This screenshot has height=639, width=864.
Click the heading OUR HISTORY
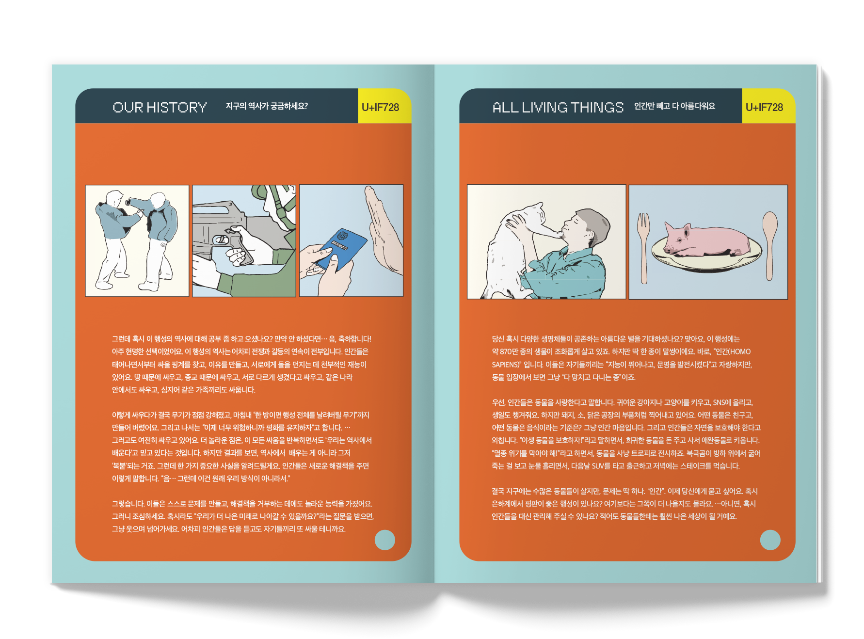pyautogui.click(x=160, y=107)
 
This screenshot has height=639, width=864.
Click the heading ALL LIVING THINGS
pyautogui.click(x=558, y=107)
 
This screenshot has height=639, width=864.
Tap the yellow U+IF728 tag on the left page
pyautogui.click(x=381, y=107)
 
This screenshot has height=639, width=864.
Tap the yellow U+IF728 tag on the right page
pyautogui.click(x=765, y=107)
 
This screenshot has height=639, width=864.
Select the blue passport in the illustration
pyautogui.click(x=341, y=249)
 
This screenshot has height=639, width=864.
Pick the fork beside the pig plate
pyautogui.click(x=643, y=247)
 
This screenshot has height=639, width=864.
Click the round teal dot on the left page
pyautogui.click(x=385, y=540)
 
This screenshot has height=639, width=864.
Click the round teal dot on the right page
pyautogui.click(x=770, y=540)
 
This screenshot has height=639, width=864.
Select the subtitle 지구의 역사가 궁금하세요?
pyautogui.click(x=267, y=106)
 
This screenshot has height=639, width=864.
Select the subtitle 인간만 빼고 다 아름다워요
pyautogui.click(x=674, y=106)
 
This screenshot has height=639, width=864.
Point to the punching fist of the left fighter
pyautogui.click(x=128, y=202)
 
